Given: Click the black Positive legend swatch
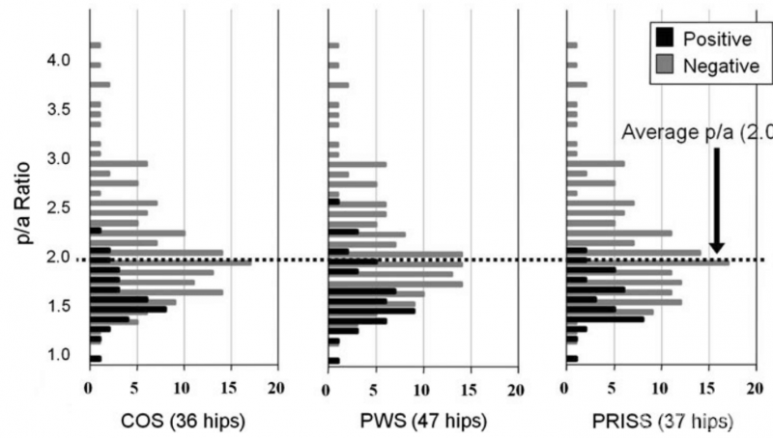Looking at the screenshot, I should [x=666, y=39].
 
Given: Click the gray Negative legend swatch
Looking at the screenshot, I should [x=666, y=65].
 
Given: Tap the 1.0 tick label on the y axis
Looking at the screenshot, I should [x=58, y=355].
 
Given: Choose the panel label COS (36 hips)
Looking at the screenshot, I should [x=182, y=422].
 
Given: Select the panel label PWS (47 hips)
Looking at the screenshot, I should [x=420, y=422].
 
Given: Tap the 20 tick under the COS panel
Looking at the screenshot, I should [x=277, y=389].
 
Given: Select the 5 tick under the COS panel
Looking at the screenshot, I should [x=136, y=389].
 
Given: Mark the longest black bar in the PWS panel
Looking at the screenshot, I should [x=373, y=311].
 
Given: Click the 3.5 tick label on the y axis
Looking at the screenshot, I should [x=58, y=110].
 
